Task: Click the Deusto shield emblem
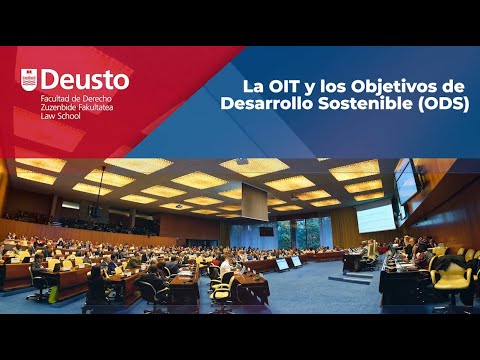(x=28, y=79)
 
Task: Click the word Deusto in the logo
(x=85, y=79)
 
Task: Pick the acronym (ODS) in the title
(x=445, y=103)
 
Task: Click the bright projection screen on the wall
(x=375, y=217)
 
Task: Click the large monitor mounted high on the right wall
(x=406, y=181)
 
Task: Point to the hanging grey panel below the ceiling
(x=254, y=202)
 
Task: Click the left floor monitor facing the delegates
(x=283, y=264)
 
